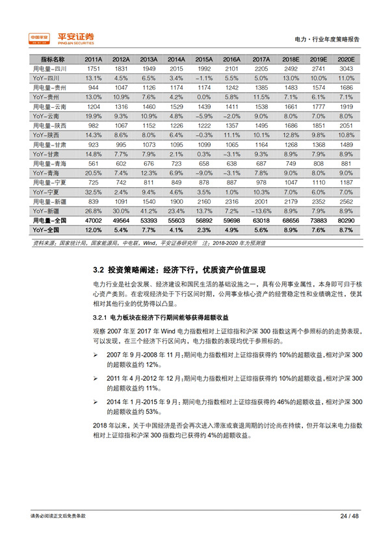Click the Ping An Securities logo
tap(62, 38)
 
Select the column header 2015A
tap(205, 59)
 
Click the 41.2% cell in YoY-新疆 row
tap(149, 212)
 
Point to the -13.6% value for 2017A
tap(262, 212)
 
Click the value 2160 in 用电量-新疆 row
tap(205, 202)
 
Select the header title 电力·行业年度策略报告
tap(326, 39)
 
